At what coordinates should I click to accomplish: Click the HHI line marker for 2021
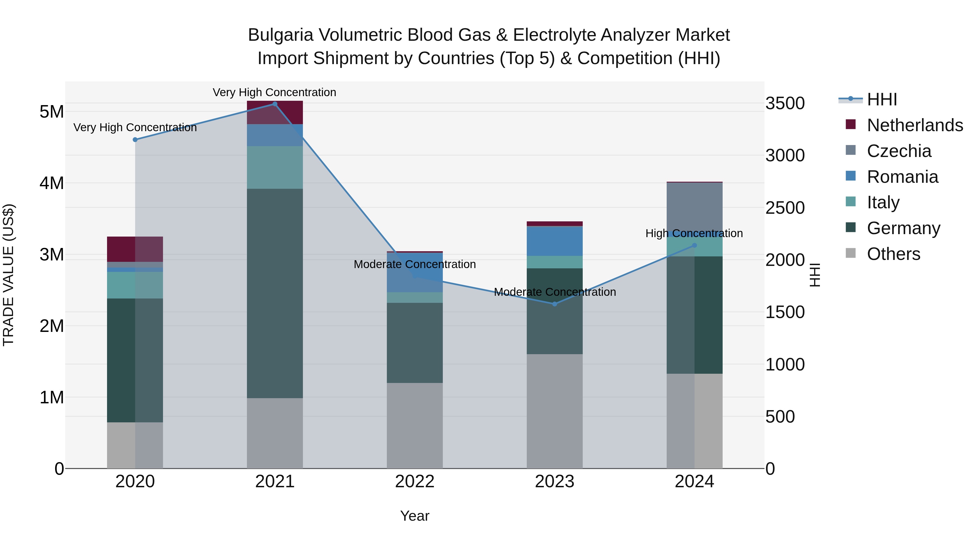click(x=275, y=104)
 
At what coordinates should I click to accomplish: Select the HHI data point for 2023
click(x=554, y=304)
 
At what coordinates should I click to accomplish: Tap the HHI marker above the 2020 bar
click(x=135, y=139)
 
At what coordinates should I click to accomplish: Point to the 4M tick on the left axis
click(x=52, y=183)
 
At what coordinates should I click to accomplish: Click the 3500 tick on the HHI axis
click(x=785, y=103)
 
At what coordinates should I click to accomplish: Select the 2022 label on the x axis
click(x=415, y=482)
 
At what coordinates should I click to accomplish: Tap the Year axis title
click(x=415, y=516)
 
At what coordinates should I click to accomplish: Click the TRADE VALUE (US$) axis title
click(x=8, y=275)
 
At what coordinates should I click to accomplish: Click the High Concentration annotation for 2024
click(x=694, y=233)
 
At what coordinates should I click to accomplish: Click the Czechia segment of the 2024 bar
click(x=694, y=205)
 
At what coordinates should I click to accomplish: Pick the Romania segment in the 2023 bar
click(x=554, y=241)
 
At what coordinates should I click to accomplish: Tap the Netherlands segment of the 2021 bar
click(x=275, y=112)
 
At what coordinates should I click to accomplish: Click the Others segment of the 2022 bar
click(x=415, y=425)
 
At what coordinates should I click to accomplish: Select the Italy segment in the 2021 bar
click(x=275, y=167)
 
